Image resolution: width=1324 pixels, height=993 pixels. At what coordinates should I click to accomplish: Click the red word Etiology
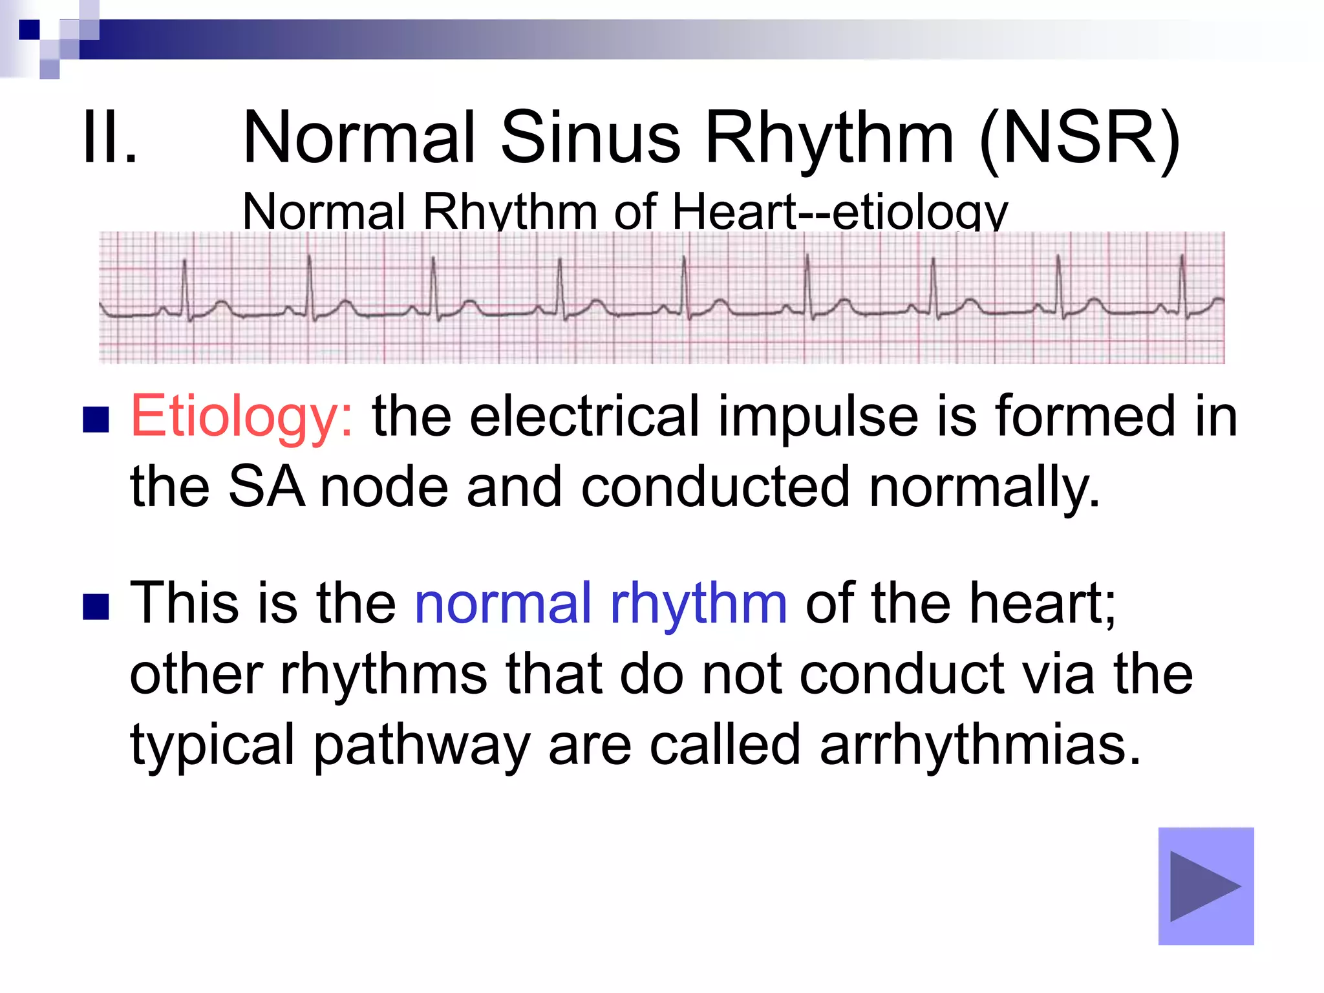pyautogui.click(x=241, y=418)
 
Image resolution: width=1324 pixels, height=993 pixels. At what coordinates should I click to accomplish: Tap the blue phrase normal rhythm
pyautogui.click(x=601, y=603)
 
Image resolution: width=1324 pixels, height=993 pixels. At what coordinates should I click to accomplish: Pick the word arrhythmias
pyautogui.click(x=980, y=745)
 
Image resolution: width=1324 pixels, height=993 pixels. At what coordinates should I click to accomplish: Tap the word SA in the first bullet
pyautogui.click(x=266, y=487)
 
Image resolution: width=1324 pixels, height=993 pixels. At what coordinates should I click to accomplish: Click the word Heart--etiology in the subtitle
pyautogui.click(x=840, y=212)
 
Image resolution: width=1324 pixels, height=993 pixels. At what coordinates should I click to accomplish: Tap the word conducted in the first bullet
pyautogui.click(x=715, y=487)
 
